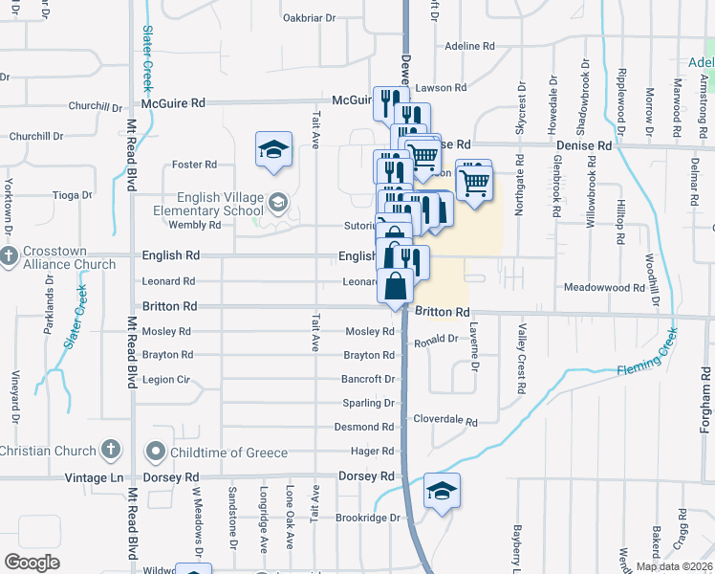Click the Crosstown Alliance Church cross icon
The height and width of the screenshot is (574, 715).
[10, 256]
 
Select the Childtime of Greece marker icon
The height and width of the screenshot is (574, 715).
[155, 451]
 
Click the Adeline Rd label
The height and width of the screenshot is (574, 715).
[470, 46]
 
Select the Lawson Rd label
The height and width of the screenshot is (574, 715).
[441, 88]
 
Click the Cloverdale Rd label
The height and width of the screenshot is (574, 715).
[444, 420]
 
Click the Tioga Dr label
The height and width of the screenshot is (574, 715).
[72, 194]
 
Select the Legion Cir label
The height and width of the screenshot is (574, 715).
[165, 380]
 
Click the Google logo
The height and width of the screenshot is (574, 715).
[32, 563]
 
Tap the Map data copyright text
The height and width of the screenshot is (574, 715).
[673, 566]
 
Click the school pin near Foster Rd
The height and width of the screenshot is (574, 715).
[273, 151]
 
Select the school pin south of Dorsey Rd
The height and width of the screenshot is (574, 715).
[442, 492]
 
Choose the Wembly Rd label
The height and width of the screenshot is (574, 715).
[194, 225]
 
